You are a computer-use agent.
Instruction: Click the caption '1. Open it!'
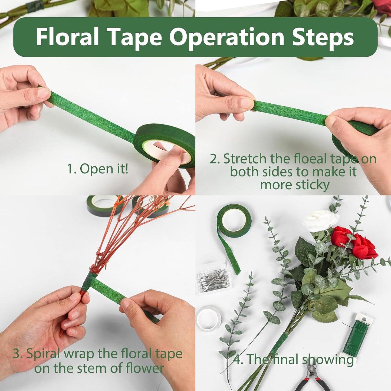tap(97, 169)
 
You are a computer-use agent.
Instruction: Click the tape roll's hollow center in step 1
tap(156, 150)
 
